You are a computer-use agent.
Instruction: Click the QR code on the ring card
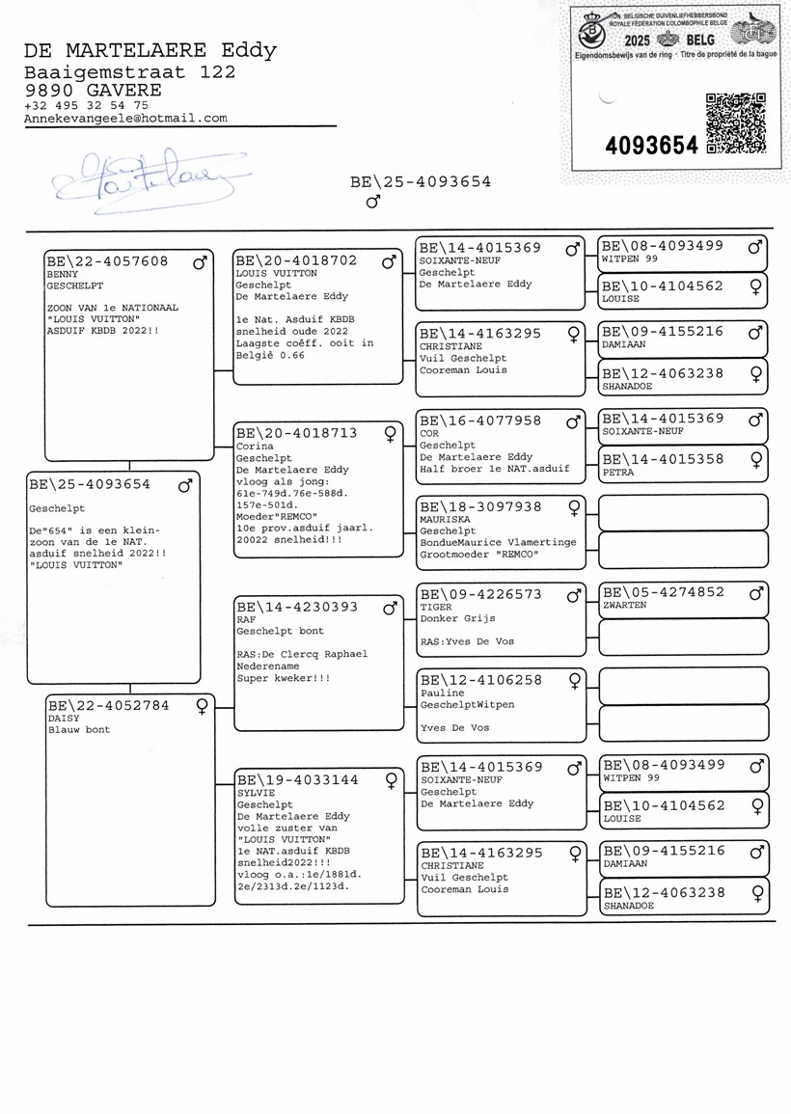click(x=736, y=122)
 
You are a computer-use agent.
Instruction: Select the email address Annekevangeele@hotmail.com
click(x=125, y=119)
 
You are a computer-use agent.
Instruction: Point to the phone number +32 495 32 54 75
click(x=86, y=105)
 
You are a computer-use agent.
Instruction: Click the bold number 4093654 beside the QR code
click(x=651, y=146)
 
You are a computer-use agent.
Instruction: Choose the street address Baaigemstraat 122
click(x=129, y=72)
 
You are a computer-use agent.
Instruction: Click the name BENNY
click(x=63, y=275)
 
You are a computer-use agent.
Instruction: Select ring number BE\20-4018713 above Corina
click(x=297, y=433)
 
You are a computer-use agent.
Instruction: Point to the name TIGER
click(x=436, y=608)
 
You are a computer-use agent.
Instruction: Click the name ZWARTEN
click(x=624, y=606)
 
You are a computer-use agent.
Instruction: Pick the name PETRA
click(x=618, y=474)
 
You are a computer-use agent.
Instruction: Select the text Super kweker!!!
click(x=284, y=678)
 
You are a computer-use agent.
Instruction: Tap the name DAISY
click(x=64, y=719)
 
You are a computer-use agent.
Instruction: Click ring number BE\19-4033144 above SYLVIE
click(x=298, y=779)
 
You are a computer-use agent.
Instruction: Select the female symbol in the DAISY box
click(x=202, y=706)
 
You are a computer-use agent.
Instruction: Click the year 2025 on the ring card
click(x=637, y=41)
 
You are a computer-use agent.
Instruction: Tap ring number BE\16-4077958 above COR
click(x=480, y=421)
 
